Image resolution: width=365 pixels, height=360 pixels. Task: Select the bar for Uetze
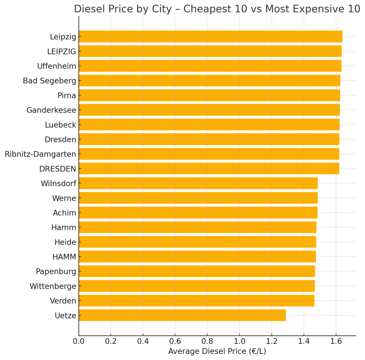(182, 315)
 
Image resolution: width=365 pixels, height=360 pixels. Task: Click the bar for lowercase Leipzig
(210, 36)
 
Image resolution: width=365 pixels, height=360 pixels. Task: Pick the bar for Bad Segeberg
(209, 81)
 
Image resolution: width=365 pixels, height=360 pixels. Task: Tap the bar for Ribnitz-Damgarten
(209, 154)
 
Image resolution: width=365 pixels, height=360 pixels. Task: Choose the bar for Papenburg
(197, 271)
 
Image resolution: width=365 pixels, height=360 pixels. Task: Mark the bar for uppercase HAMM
(197, 257)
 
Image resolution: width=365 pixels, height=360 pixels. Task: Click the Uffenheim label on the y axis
(57, 66)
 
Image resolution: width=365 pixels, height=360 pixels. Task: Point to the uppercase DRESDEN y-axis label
(58, 169)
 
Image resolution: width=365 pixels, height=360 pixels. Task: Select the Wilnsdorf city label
(58, 184)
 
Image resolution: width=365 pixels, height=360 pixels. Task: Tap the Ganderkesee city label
(51, 110)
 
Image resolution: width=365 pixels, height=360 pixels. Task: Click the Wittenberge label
(53, 286)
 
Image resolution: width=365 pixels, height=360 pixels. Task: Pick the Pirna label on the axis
(67, 95)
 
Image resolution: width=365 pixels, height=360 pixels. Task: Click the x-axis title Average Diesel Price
(217, 351)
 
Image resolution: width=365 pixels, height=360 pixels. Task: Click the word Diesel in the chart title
(88, 9)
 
